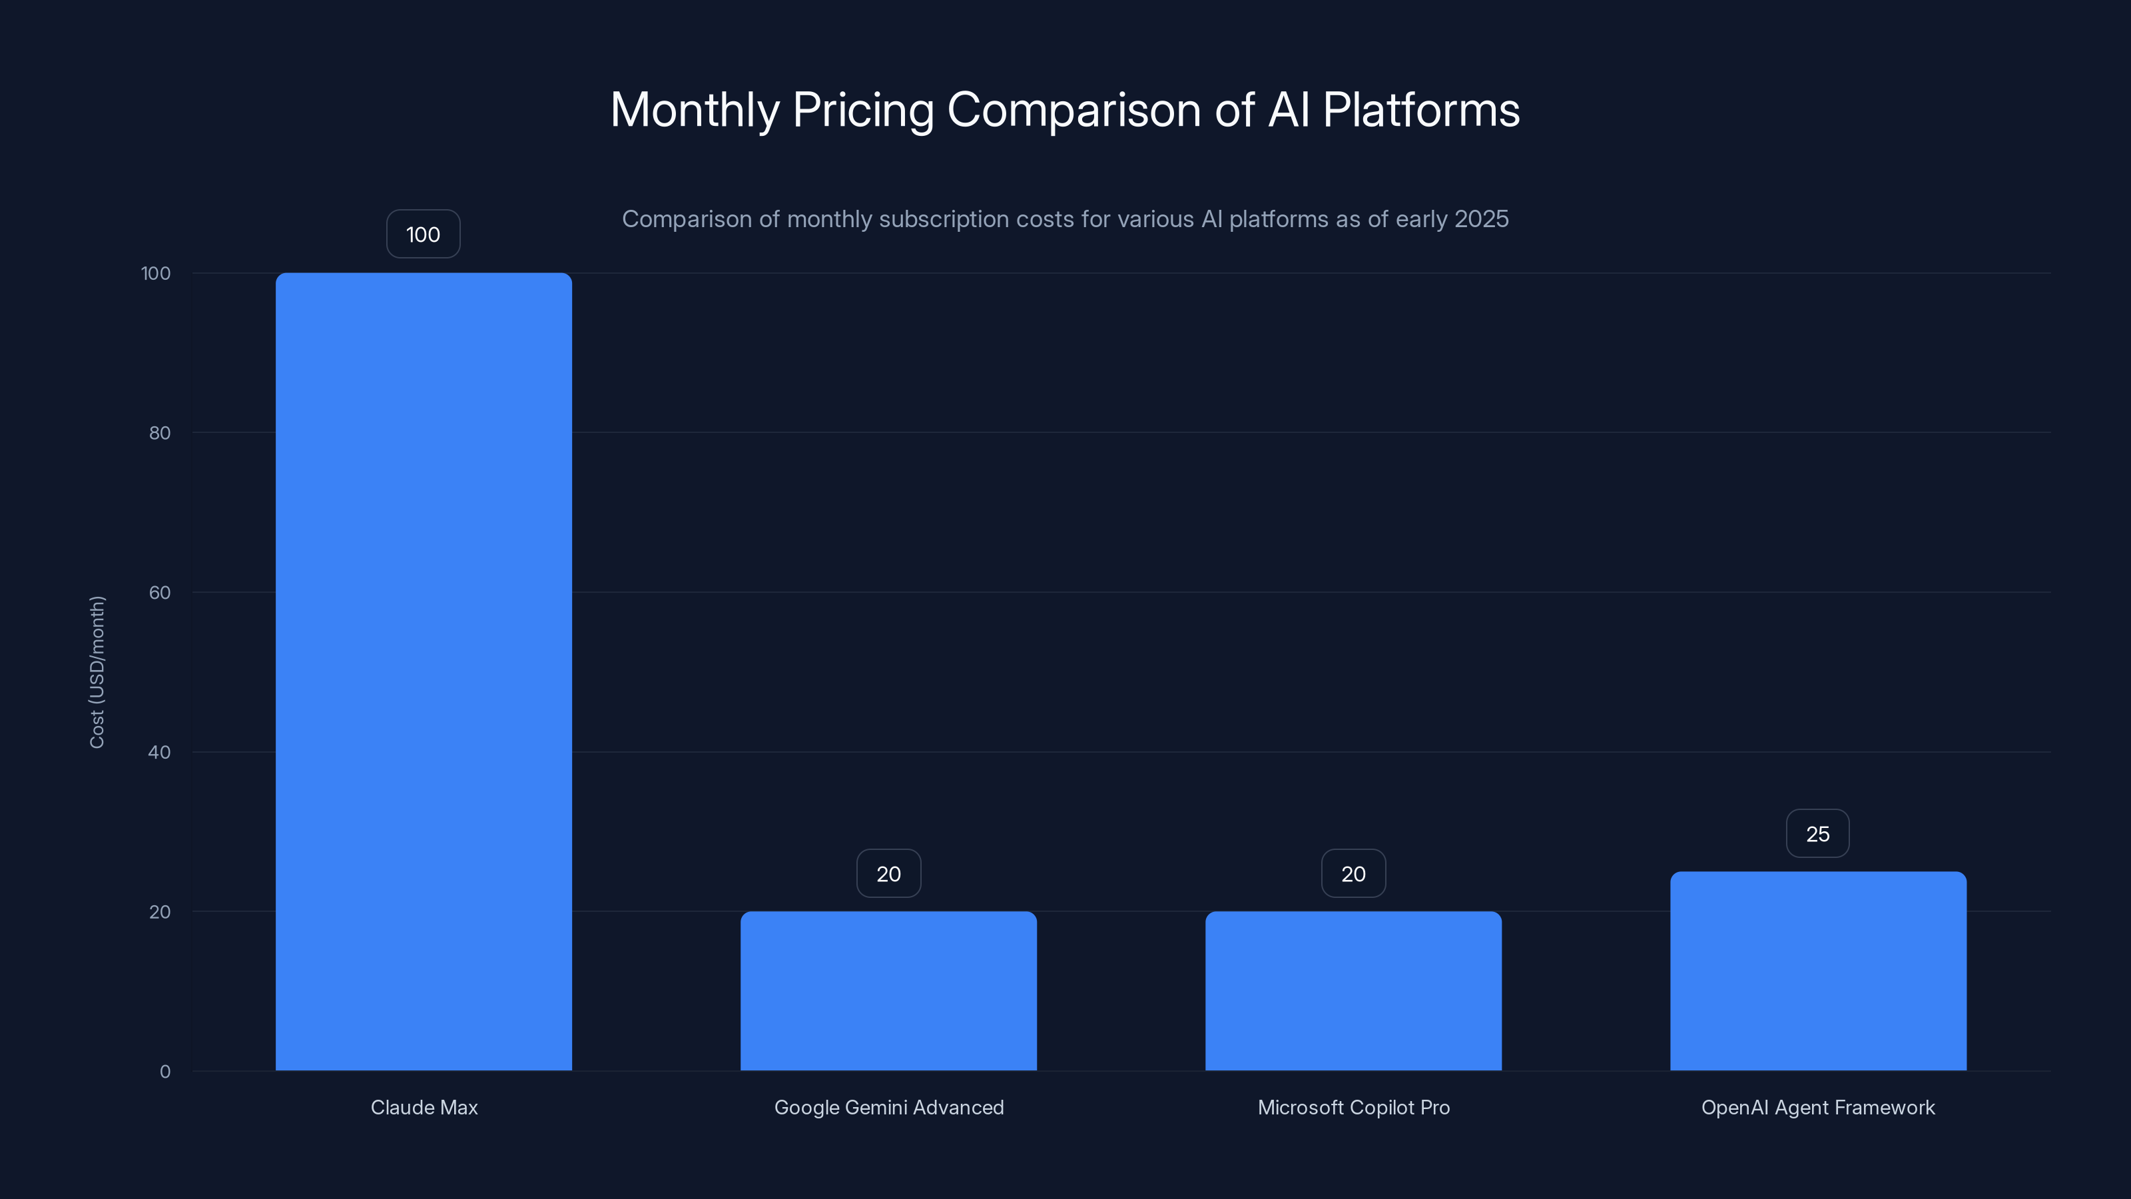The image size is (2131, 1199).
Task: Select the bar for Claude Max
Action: [424, 670]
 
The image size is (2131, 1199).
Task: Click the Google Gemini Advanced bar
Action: [888, 991]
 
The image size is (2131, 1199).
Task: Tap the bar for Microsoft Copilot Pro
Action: [1353, 991]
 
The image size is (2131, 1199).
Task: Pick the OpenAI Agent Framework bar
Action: [1818, 971]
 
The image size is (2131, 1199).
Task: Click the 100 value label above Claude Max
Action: [423, 234]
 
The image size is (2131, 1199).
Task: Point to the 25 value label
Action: [1817, 833]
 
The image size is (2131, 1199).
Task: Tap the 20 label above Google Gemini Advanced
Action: [888, 873]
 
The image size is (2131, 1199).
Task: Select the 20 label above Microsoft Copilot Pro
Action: [1353, 873]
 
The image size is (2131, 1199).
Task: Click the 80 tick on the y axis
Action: [160, 433]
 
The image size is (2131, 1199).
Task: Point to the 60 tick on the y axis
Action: [160, 592]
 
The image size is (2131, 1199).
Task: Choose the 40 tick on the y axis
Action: [160, 752]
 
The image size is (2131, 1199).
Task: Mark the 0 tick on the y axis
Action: [164, 1072]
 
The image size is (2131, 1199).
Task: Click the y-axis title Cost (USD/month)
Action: [97, 672]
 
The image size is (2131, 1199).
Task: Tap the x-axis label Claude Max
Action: [424, 1107]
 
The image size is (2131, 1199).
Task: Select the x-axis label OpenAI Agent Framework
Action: [1818, 1107]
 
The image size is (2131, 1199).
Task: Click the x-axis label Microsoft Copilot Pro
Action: [1353, 1107]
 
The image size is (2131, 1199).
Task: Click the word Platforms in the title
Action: [1420, 110]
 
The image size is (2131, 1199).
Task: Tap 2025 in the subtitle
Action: [1481, 219]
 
